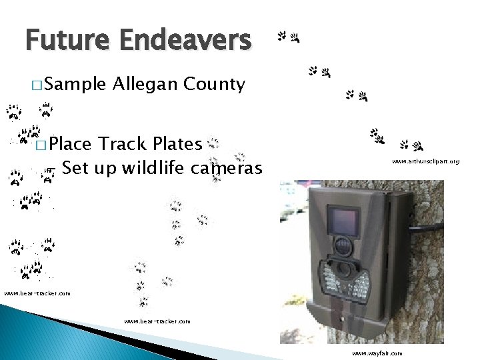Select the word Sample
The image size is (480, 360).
(x=76, y=85)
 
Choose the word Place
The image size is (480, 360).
(x=70, y=143)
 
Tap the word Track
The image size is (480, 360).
(x=122, y=143)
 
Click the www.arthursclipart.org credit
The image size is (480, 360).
(x=425, y=161)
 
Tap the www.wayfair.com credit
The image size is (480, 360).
(x=377, y=353)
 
